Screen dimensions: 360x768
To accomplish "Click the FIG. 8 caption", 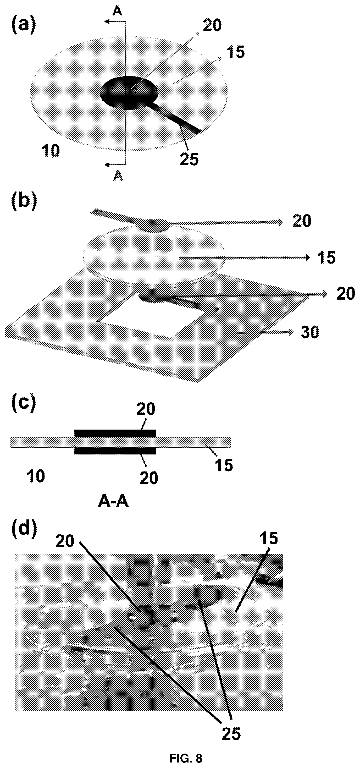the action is coord(186,758).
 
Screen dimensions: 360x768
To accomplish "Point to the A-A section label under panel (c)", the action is coord(113,502).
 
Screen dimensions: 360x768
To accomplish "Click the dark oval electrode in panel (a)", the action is coord(129,93).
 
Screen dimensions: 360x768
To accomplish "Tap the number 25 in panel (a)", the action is coord(189,159).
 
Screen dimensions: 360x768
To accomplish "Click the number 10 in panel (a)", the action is coord(51,151).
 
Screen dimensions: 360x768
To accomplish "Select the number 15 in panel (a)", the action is coord(235,52).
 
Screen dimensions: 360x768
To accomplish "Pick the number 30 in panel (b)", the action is coord(310,332).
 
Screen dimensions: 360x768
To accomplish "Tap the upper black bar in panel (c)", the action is coord(115,433).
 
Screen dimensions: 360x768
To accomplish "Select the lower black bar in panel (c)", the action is coord(115,451).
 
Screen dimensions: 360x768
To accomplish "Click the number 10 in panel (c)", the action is coord(36,476).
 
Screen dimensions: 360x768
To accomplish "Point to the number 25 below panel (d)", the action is coord(231,733).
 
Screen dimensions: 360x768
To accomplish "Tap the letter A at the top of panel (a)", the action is coord(118,11).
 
